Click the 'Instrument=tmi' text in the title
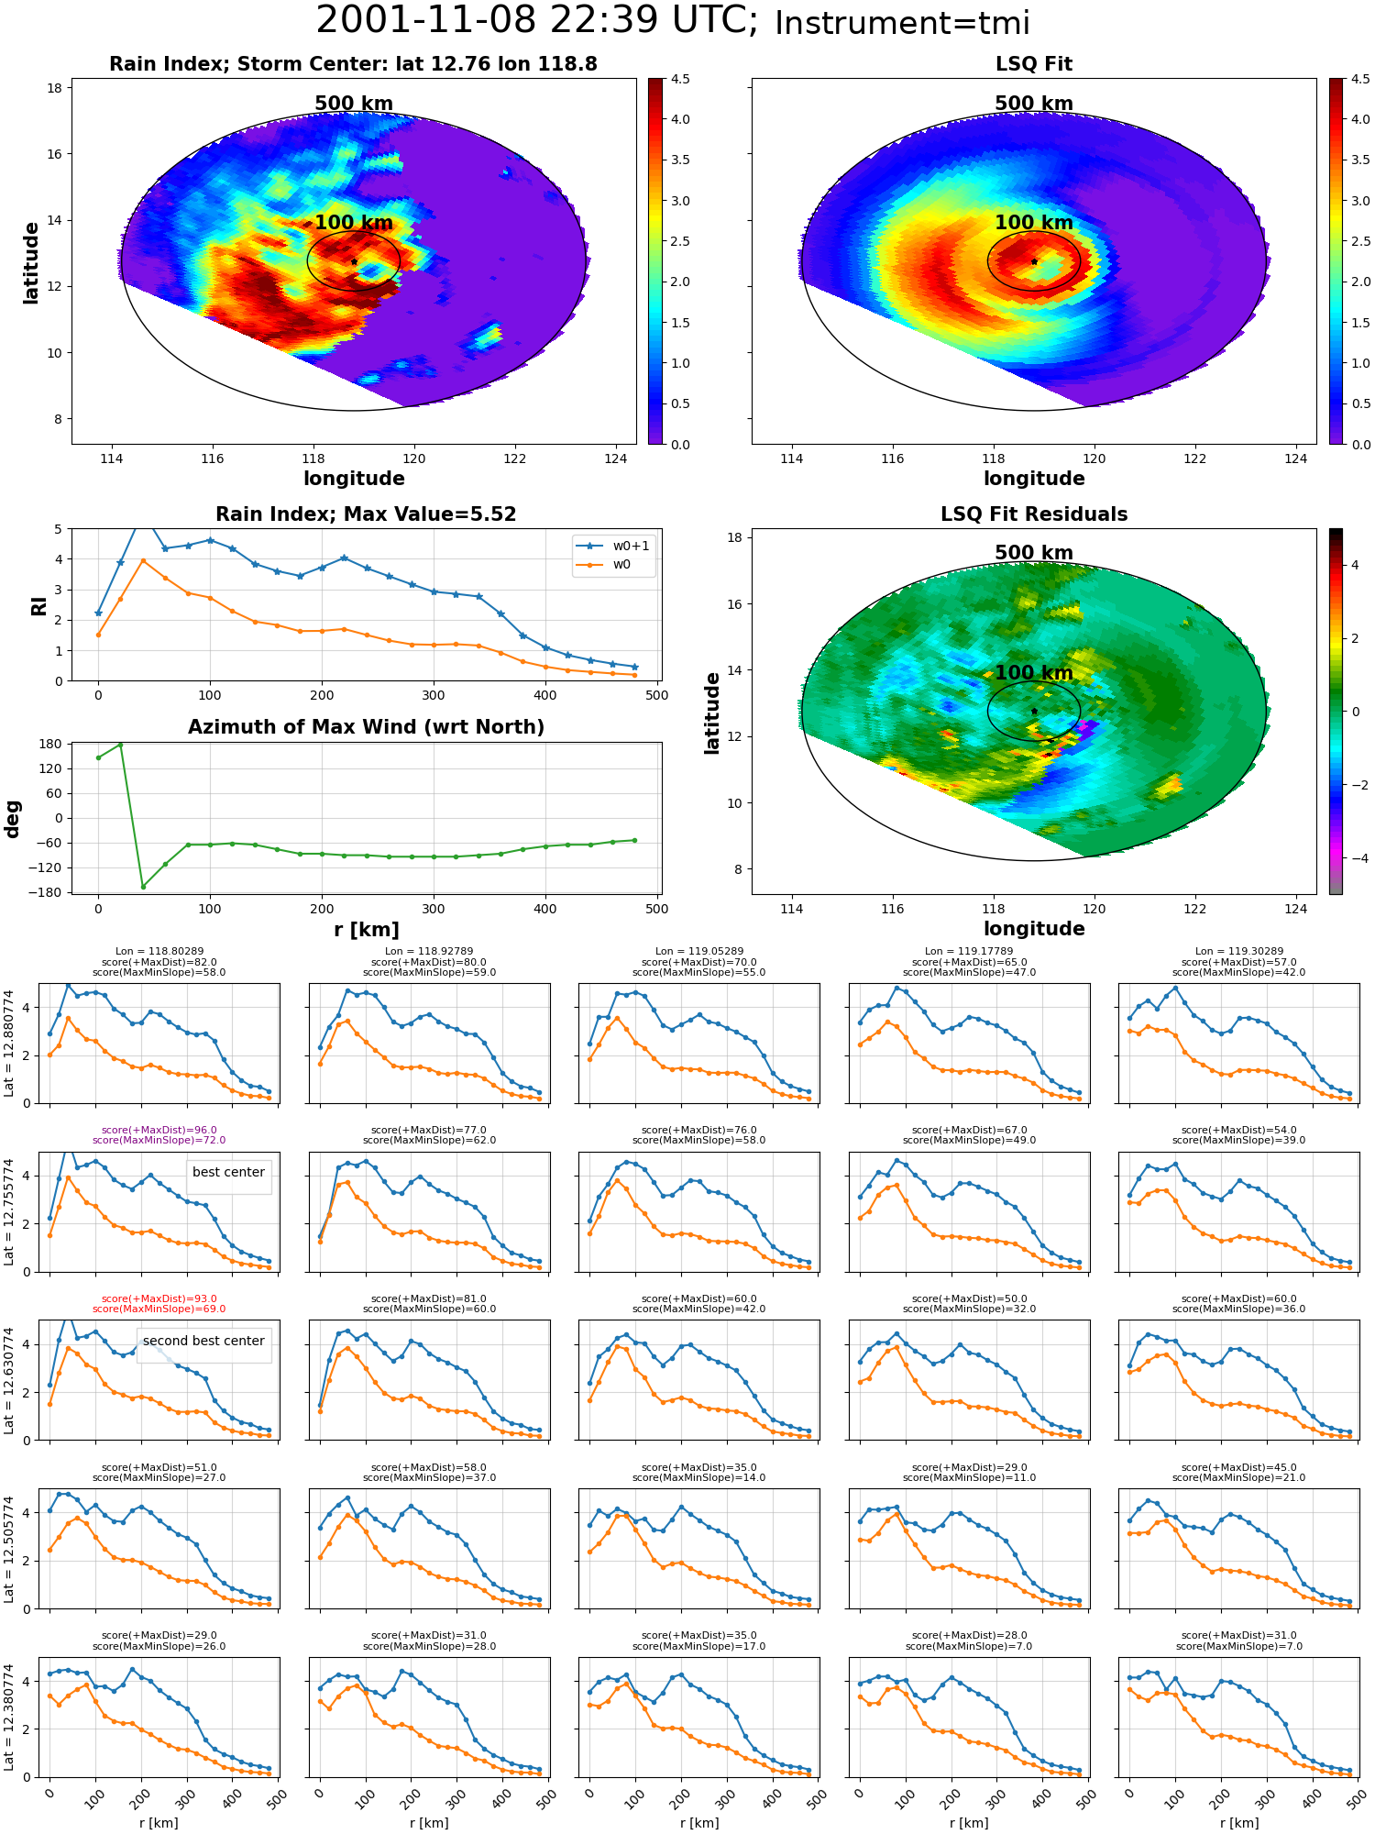(x=902, y=23)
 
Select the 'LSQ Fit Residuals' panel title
(x=1034, y=514)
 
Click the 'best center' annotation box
(x=228, y=1172)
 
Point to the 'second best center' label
(x=203, y=1341)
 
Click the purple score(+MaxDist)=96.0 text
(x=159, y=1130)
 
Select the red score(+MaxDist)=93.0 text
(x=159, y=1298)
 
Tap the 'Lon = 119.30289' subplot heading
(x=1239, y=952)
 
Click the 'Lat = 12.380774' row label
(x=9, y=1718)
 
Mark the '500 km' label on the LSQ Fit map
(x=1034, y=104)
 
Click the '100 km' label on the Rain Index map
(x=354, y=223)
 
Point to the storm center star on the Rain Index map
(x=354, y=262)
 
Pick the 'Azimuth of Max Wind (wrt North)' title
(x=367, y=727)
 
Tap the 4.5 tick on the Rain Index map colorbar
(x=680, y=79)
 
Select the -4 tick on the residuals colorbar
(x=1355, y=858)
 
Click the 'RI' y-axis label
(x=38, y=605)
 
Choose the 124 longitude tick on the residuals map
(x=1296, y=909)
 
